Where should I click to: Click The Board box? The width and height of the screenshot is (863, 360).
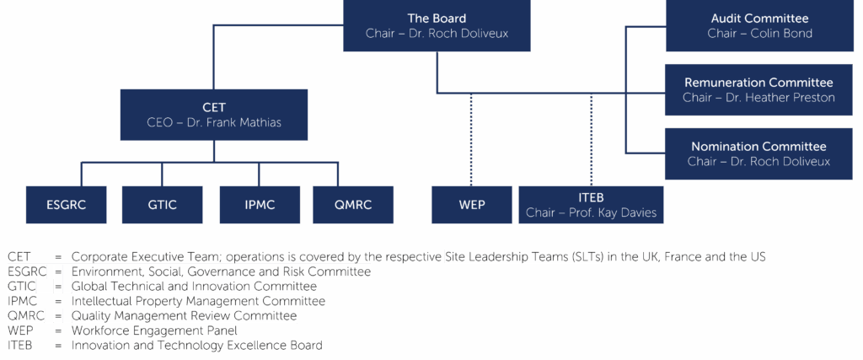(437, 26)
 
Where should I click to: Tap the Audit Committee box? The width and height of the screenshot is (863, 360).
(759, 26)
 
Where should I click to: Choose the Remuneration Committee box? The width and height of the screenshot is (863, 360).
(759, 89)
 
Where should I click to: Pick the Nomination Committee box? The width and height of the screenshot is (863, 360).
(759, 153)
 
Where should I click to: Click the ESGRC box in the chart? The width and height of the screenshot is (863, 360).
(67, 205)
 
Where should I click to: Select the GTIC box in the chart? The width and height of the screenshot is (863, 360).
(163, 205)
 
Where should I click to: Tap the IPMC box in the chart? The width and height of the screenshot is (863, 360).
(259, 205)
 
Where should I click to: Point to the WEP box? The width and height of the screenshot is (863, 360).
(471, 205)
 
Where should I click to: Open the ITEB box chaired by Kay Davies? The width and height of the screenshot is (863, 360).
(590, 205)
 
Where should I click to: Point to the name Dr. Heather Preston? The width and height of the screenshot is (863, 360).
(787, 98)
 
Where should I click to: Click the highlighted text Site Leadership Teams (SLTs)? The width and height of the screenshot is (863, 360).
(525, 256)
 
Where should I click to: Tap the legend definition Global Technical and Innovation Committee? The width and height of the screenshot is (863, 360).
(194, 287)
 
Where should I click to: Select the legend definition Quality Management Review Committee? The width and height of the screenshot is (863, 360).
(184, 316)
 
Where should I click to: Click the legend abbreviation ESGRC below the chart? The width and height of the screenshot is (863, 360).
(28, 271)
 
